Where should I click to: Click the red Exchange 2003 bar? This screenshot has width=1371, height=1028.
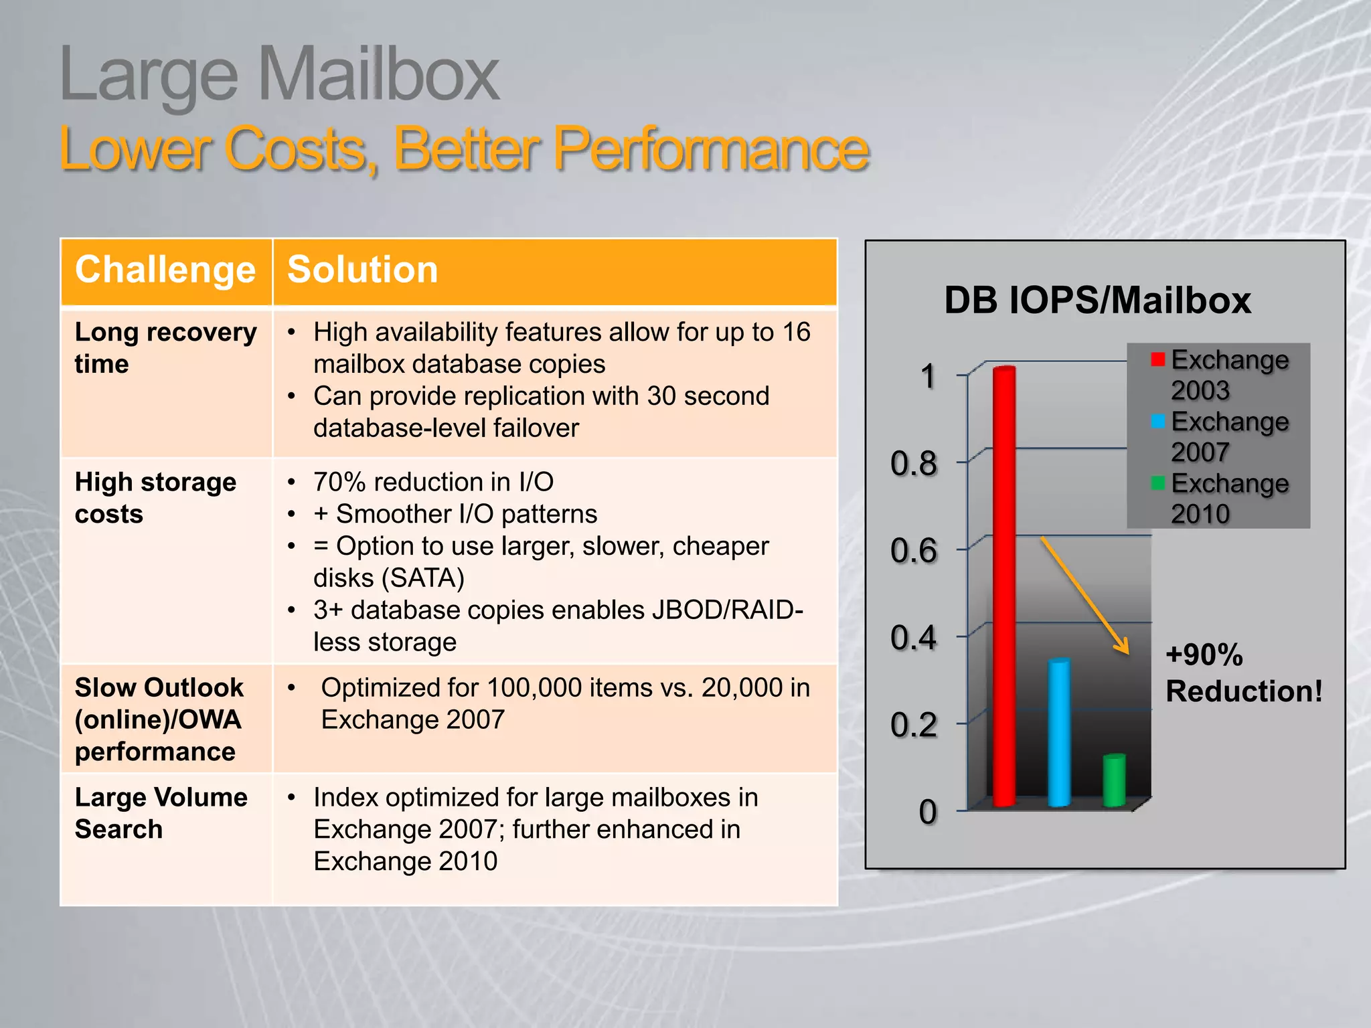pos(1003,586)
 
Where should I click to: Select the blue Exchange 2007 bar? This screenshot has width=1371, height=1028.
pos(1059,733)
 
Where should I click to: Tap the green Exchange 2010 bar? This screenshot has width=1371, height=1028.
pos(1114,780)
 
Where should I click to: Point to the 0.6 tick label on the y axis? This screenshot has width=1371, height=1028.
pos(914,551)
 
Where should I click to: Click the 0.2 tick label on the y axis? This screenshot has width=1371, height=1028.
pos(914,725)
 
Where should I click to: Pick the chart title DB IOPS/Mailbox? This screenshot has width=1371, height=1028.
pos(1097,300)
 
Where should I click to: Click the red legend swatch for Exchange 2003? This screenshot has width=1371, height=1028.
pos(1158,359)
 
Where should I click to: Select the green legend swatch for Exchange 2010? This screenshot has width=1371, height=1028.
pos(1158,483)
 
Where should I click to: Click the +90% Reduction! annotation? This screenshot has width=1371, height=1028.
pos(1243,673)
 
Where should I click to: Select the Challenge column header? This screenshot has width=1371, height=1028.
pos(165,270)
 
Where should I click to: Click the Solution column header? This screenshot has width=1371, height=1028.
pos(362,270)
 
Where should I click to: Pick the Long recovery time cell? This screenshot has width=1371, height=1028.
pos(165,348)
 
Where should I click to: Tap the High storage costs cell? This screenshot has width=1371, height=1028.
pos(155,498)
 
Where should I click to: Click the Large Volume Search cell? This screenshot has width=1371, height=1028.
pos(161,812)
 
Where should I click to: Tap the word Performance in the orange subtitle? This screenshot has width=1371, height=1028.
pos(710,149)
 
